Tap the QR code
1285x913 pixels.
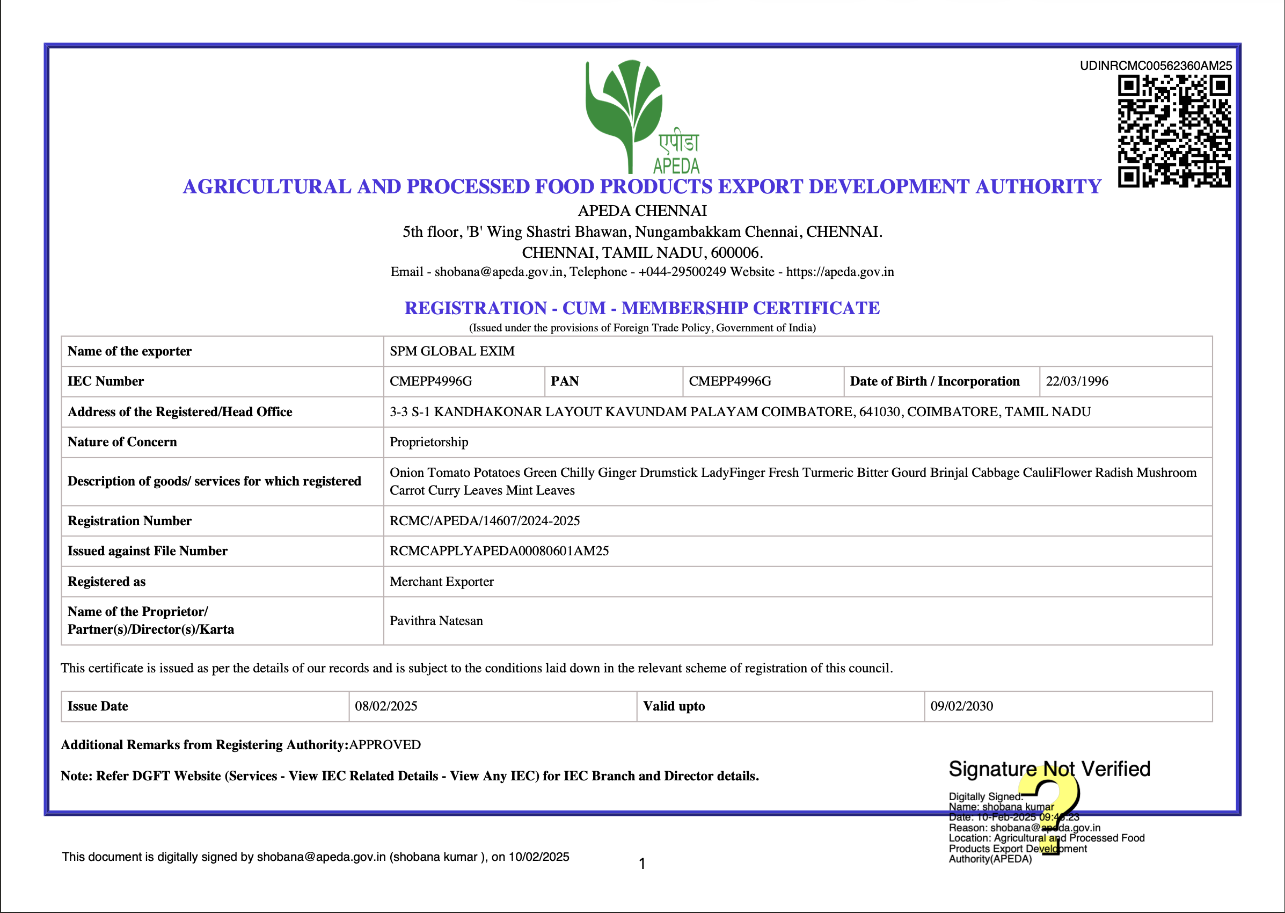(1174, 131)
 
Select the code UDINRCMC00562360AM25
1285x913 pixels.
(1155, 66)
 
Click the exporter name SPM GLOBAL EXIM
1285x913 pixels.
(452, 351)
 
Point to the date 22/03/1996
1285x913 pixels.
(1077, 381)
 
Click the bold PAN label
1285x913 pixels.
(564, 381)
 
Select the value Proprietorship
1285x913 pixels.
(429, 442)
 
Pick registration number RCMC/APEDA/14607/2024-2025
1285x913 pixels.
(484, 520)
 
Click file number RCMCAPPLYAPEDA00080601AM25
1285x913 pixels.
(499, 551)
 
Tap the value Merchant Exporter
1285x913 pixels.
(442, 581)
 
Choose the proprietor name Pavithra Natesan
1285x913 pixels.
(436, 621)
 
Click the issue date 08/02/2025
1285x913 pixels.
(386, 706)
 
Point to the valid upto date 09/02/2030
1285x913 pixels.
(961, 706)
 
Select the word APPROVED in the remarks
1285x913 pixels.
(385, 745)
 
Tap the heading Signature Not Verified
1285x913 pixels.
(1049, 769)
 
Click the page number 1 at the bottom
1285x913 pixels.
(642, 864)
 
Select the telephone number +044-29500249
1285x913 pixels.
(682, 272)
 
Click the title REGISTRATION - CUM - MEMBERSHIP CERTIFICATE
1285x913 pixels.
(641, 308)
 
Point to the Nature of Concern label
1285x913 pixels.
(122, 442)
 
